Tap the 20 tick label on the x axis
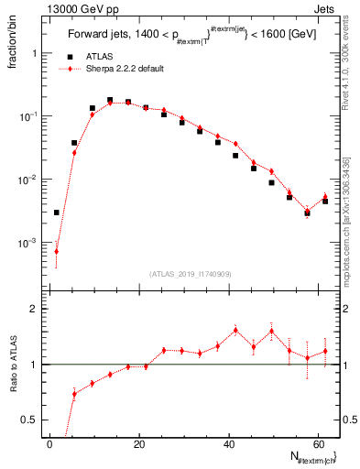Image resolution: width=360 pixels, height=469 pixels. [x=139, y=444]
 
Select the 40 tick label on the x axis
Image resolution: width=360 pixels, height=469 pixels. [x=229, y=444]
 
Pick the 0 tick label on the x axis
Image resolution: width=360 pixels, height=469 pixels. [x=50, y=444]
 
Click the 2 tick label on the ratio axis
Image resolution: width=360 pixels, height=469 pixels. [x=37, y=309]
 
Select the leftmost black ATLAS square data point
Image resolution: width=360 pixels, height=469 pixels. [x=57, y=213]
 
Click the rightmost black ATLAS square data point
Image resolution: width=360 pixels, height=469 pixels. [x=325, y=201]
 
